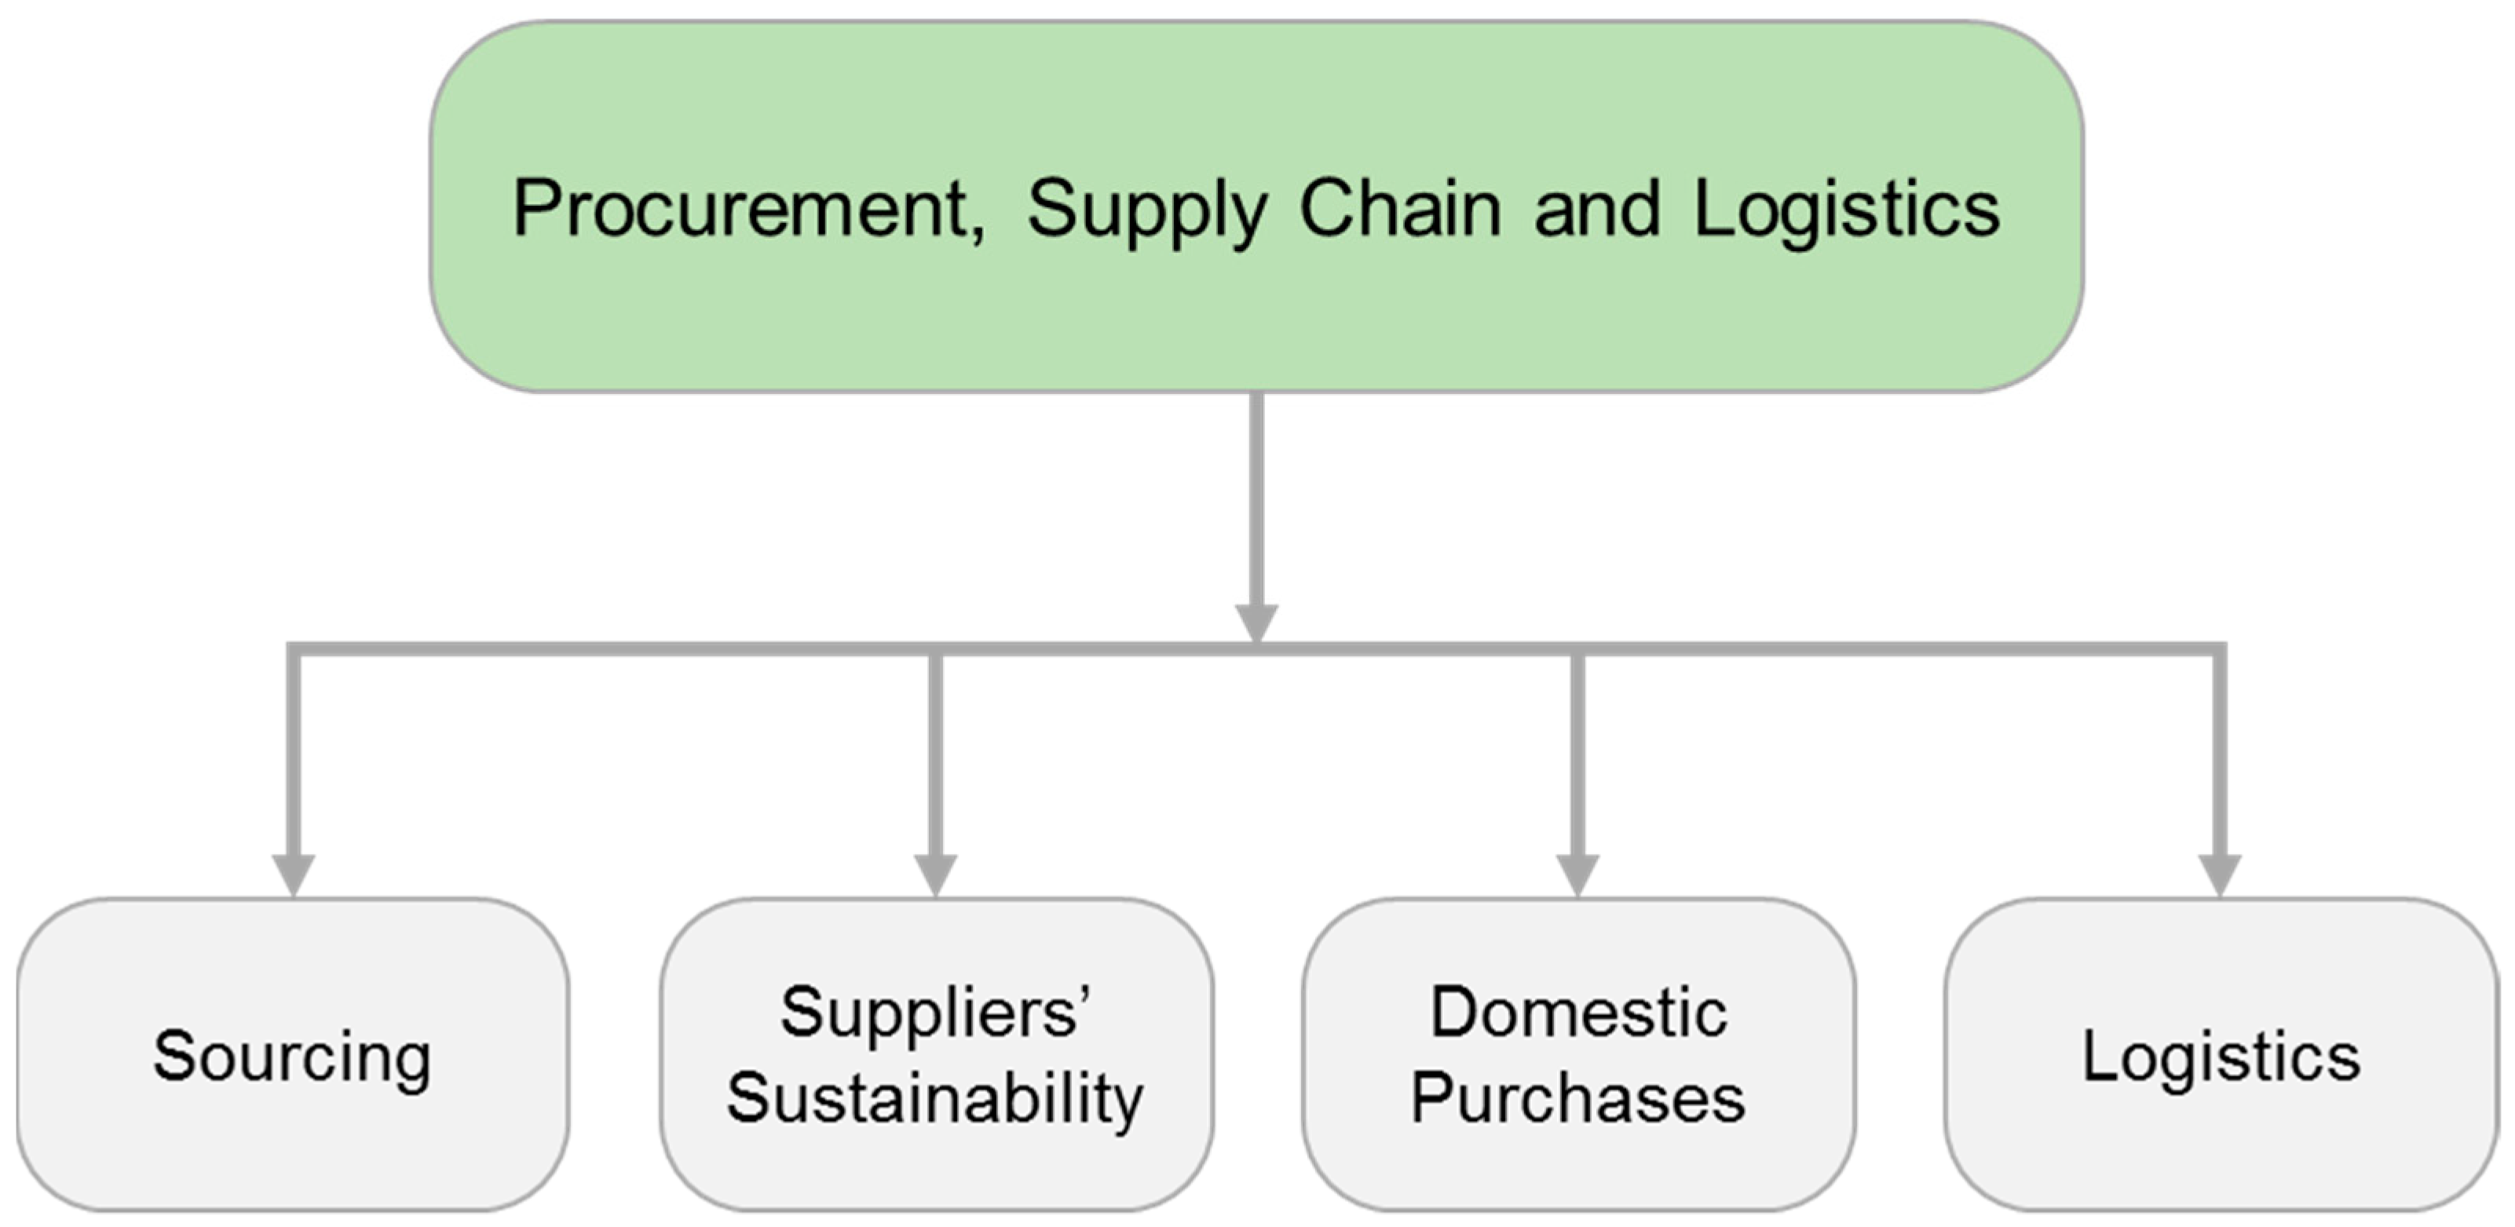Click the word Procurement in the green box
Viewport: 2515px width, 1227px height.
coord(739,209)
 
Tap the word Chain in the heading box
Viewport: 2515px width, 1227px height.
coord(1399,209)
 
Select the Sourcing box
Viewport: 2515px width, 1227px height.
coord(292,1055)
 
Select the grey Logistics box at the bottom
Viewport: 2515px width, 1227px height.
coord(2221,1055)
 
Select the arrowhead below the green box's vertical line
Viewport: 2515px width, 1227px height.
coord(1256,623)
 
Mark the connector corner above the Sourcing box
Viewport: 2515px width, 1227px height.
coord(293,649)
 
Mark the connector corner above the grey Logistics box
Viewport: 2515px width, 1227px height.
coord(2219,649)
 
